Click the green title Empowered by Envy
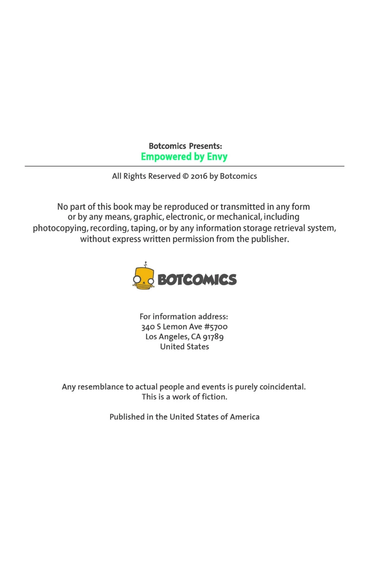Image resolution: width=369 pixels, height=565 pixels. [x=184, y=157]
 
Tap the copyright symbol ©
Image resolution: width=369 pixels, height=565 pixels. [x=185, y=176]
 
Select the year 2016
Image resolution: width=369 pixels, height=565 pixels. [x=199, y=176]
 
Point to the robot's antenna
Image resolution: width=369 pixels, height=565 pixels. [x=145, y=264]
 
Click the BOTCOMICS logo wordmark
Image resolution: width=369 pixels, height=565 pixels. [x=197, y=280]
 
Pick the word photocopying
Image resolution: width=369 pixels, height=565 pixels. [x=60, y=228]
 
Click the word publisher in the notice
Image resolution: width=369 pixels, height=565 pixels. [x=270, y=239]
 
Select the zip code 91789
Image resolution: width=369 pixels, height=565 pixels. [x=213, y=337]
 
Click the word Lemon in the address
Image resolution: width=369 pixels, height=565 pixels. [x=175, y=327]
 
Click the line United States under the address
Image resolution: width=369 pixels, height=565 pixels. [x=184, y=347]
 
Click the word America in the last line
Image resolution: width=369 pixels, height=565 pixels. [x=244, y=417]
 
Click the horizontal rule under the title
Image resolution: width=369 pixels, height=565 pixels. [x=184, y=166]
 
